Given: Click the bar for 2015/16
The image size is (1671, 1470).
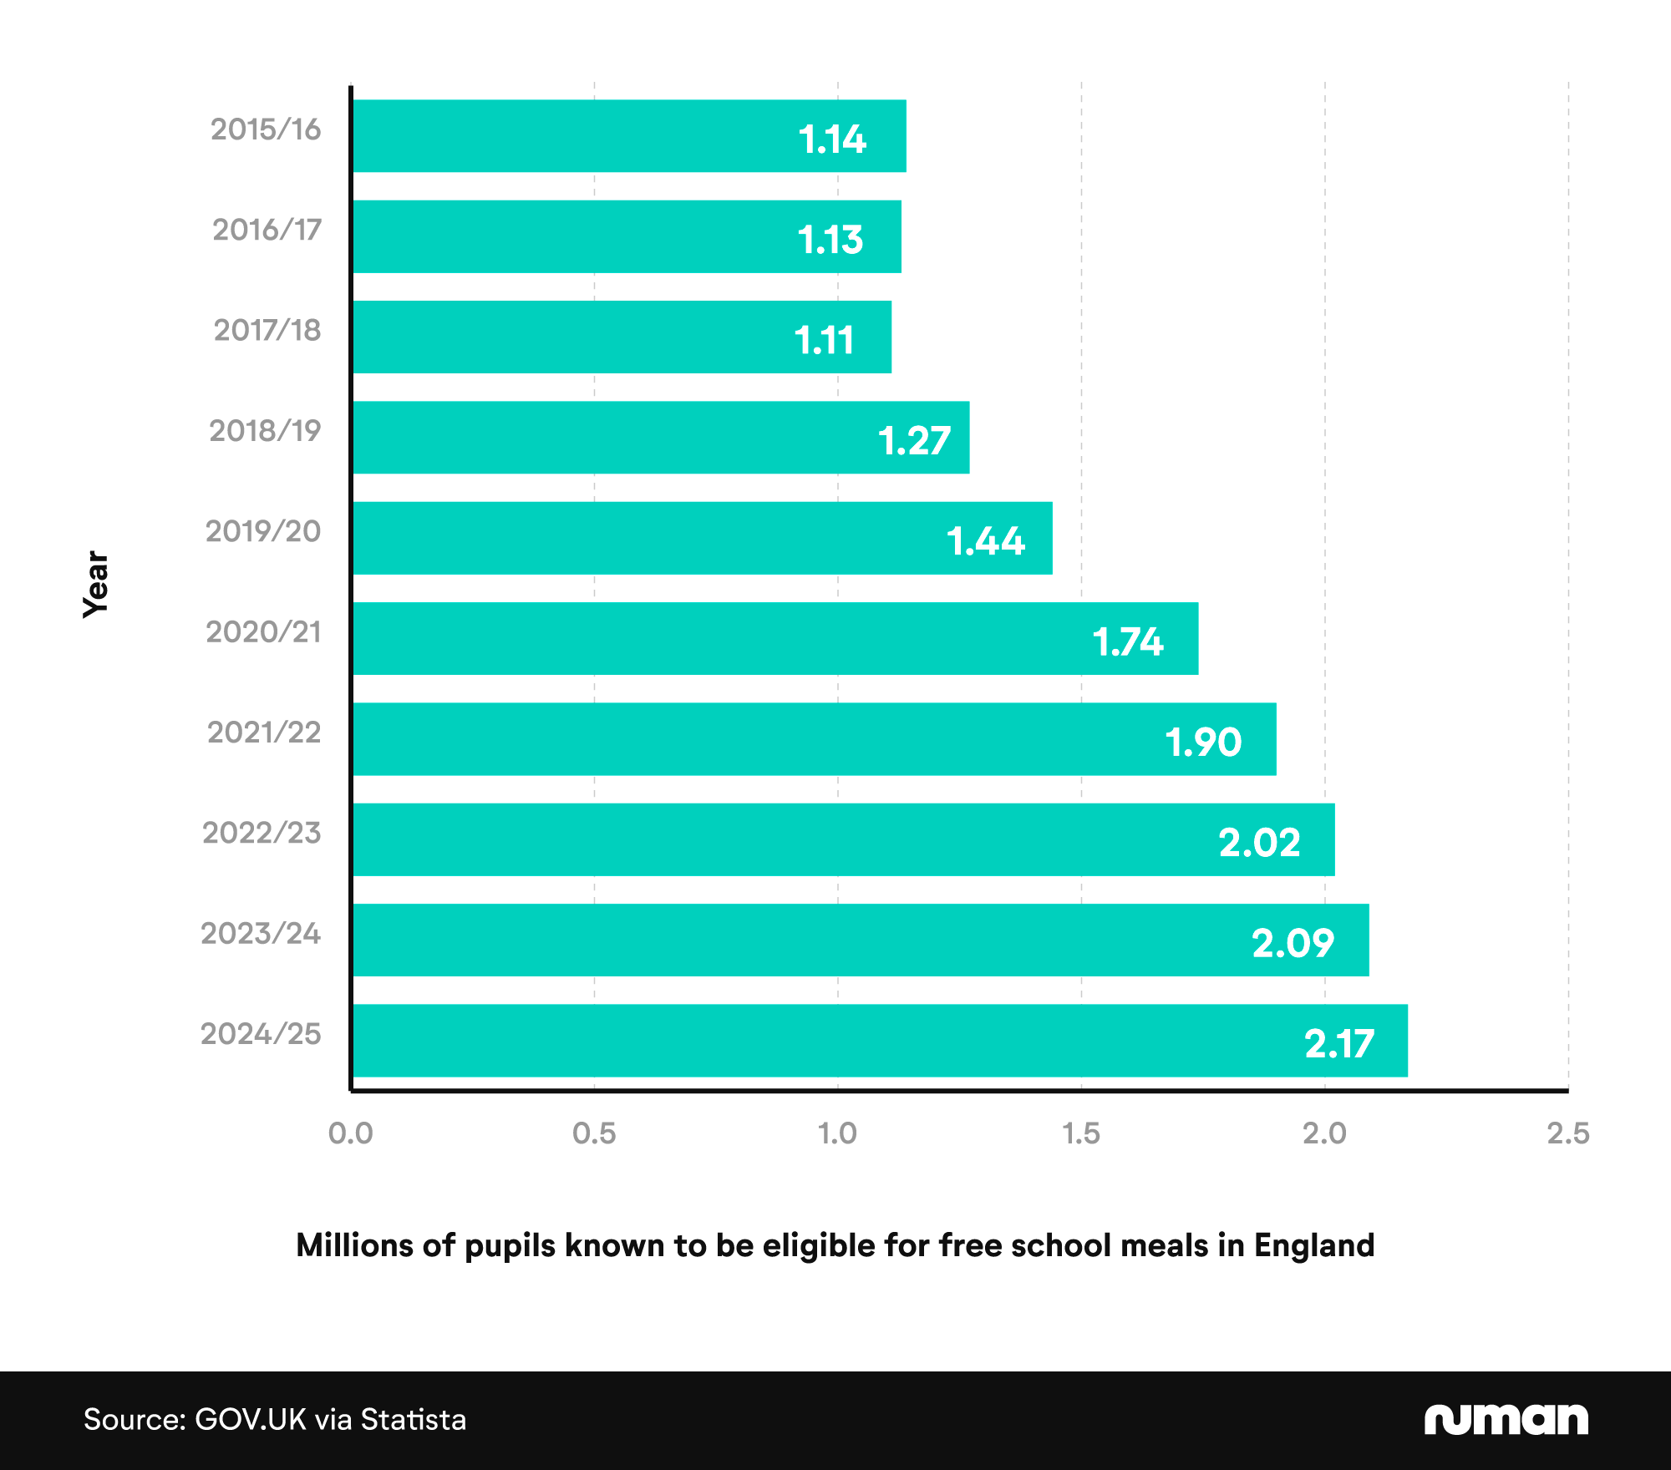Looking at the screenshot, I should pos(585,136).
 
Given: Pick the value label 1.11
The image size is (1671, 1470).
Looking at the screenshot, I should pos(824,340).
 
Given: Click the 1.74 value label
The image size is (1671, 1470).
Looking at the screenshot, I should pos(1127,641).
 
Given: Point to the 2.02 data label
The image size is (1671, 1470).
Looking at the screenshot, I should pos(1258,842).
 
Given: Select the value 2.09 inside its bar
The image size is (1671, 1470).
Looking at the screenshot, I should pos(1292,943).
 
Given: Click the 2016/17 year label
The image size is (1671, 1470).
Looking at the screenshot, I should pos(267,230).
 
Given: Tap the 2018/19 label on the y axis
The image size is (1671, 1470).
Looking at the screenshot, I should pos(265,431).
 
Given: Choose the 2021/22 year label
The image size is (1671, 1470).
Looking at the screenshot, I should pos(264,732).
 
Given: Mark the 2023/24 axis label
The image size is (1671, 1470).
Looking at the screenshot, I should pos(261,933).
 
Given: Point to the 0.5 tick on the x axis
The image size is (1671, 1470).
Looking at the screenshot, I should pos(594,1133).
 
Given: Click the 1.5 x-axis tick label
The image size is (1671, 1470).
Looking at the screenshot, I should pos(1081,1133).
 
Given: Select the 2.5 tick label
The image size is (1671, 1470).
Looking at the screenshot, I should pos(1567,1133).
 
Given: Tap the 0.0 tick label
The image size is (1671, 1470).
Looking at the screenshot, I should pos(351,1133).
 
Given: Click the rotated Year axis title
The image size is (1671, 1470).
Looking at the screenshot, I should pos(96,584).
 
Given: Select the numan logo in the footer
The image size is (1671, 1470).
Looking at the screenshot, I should pos(1506,1419).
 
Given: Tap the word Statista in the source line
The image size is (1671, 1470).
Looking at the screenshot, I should pos(413,1420).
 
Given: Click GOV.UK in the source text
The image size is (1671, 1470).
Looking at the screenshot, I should pos(250,1420).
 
